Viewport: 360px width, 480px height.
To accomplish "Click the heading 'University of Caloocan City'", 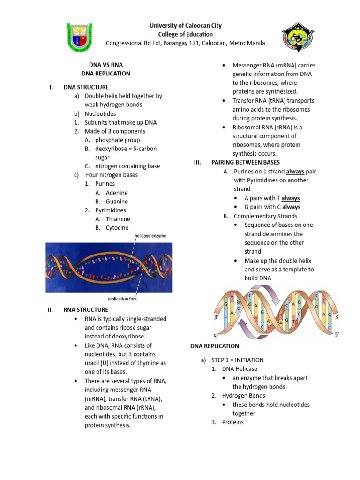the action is [x=185, y=26].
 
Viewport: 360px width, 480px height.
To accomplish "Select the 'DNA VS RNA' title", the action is [x=106, y=65].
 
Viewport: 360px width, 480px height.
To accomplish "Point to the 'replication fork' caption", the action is [x=122, y=299].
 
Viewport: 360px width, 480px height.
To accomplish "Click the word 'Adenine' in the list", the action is [x=117, y=193].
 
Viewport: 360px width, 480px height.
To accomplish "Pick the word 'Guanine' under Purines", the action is [x=117, y=202].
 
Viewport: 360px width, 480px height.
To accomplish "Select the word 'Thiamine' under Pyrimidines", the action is [x=118, y=219].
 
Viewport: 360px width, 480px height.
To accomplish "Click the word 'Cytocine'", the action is [x=117, y=228].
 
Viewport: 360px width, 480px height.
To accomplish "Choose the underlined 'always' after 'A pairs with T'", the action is [x=291, y=198].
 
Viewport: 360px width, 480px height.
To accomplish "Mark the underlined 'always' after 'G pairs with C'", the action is [x=291, y=207].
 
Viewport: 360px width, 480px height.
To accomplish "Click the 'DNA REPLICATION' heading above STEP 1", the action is [x=215, y=346].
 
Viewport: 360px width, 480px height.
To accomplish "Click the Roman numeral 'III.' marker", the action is [x=197, y=162].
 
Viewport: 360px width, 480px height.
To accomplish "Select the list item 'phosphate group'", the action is [x=117, y=140].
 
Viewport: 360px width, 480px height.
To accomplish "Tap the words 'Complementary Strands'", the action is [x=265, y=216].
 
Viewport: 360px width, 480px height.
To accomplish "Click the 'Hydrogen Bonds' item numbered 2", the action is [x=243, y=396].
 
